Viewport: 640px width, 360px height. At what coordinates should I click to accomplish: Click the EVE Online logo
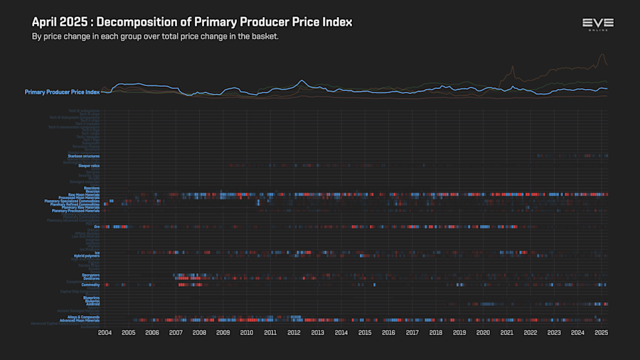597,25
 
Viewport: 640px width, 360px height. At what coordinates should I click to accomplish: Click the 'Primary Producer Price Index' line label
62,92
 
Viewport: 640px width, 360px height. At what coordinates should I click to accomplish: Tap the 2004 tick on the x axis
105,332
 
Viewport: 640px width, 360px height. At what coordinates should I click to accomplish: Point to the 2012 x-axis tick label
294,332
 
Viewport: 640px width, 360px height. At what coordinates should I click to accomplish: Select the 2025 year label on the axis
601,332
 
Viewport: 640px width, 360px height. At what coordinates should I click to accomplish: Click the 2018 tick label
435,332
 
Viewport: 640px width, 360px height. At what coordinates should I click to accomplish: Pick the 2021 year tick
506,332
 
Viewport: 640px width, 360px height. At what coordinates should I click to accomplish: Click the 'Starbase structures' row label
83,156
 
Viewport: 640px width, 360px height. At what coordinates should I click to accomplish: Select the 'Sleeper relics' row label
89,166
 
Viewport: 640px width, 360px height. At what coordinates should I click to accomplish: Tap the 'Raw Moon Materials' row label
83,194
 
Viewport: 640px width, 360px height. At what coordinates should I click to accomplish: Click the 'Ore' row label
97,227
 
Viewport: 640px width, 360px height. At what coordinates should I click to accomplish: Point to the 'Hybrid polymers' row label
86,255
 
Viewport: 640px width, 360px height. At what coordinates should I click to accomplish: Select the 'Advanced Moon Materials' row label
79,320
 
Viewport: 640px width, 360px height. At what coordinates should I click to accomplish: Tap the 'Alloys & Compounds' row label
82,317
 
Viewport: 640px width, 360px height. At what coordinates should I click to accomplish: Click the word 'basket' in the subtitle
262,36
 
